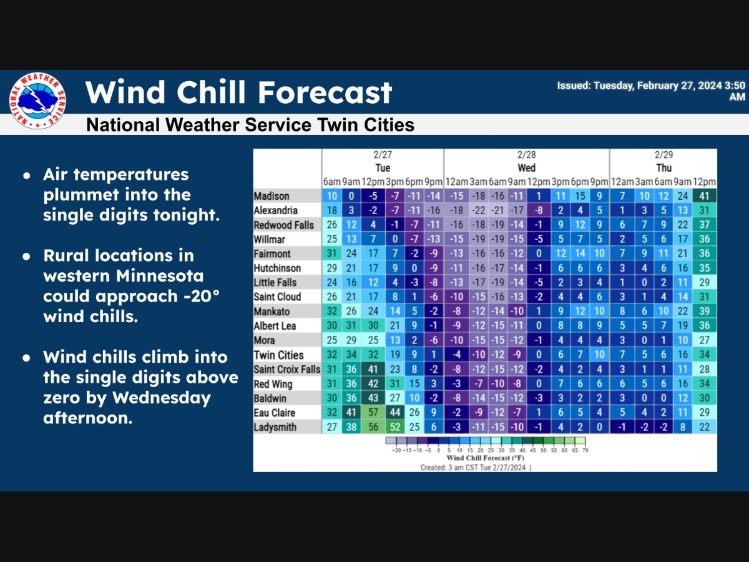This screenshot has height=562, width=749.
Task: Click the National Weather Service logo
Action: coord(37,101)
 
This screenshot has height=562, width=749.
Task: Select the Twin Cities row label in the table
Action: coord(278,355)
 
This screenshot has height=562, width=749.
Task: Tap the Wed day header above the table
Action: coord(526,168)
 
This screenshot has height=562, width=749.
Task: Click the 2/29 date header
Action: coord(663,154)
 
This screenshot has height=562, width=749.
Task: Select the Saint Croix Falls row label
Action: coord(286,369)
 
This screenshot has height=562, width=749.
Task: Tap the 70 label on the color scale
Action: coord(584,450)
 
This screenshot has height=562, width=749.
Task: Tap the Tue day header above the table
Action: coord(383,168)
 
